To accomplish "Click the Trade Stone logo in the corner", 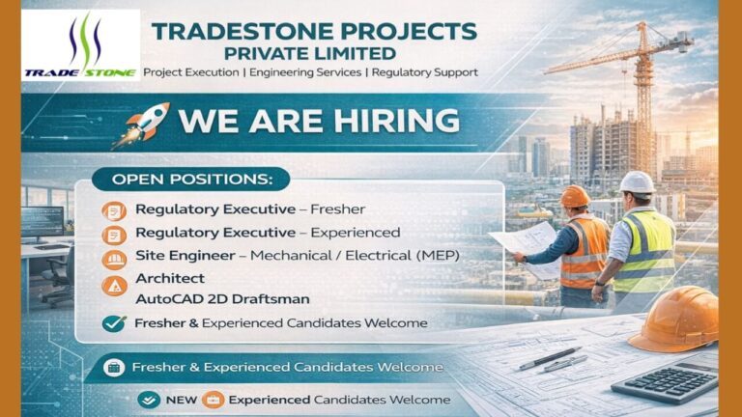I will coord(81,45).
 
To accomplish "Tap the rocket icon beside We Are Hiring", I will coord(142,125).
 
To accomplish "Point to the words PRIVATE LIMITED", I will coord(310,52).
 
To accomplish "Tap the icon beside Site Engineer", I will coord(114,257).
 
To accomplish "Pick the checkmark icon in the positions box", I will coord(114,323).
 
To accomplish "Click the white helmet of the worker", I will coord(637,181).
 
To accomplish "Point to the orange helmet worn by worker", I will coord(575,195).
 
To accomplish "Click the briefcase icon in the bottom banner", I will coord(213,400).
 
